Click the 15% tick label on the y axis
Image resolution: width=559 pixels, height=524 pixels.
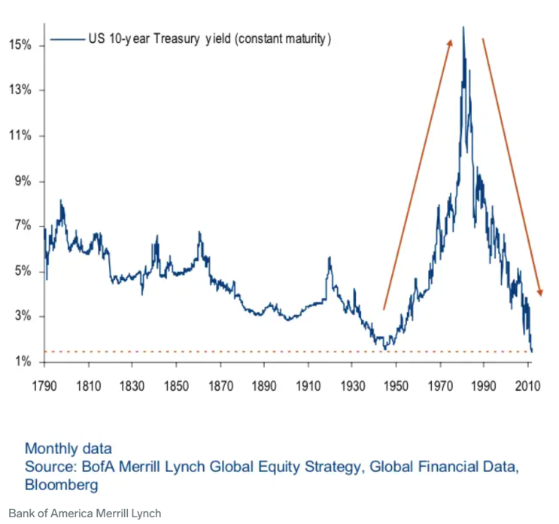click(x=21, y=45)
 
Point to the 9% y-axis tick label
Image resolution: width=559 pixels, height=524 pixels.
click(x=21, y=181)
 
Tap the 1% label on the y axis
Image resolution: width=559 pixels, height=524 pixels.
click(x=21, y=361)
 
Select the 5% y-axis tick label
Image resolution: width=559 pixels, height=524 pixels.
click(x=21, y=271)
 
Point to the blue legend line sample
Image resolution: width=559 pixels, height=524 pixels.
click(x=67, y=38)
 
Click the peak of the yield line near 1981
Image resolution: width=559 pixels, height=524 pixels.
click(x=463, y=28)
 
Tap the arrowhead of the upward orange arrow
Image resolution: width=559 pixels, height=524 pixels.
click(x=451, y=42)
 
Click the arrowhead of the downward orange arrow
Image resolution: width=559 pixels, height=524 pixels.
click(x=539, y=292)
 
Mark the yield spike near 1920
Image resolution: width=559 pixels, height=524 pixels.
click(x=329, y=258)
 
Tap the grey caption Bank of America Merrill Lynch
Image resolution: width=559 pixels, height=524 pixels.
click(x=85, y=513)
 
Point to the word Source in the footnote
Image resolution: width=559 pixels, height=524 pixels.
click(x=48, y=467)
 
